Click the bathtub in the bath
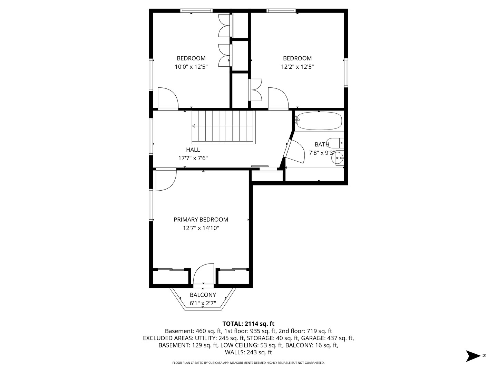point(319,121)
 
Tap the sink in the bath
point(338,158)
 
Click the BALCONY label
point(203,295)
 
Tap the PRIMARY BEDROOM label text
point(201,220)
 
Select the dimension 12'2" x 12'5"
point(297,67)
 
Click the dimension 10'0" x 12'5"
point(191,67)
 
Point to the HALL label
point(193,150)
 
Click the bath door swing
point(294,152)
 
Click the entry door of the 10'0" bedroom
point(168,98)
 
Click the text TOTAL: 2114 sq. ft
point(248,324)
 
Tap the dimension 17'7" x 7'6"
point(193,158)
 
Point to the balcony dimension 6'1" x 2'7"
point(203,304)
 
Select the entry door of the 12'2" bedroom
point(278,98)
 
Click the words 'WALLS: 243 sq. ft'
point(248,352)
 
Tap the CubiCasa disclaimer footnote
point(248,363)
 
